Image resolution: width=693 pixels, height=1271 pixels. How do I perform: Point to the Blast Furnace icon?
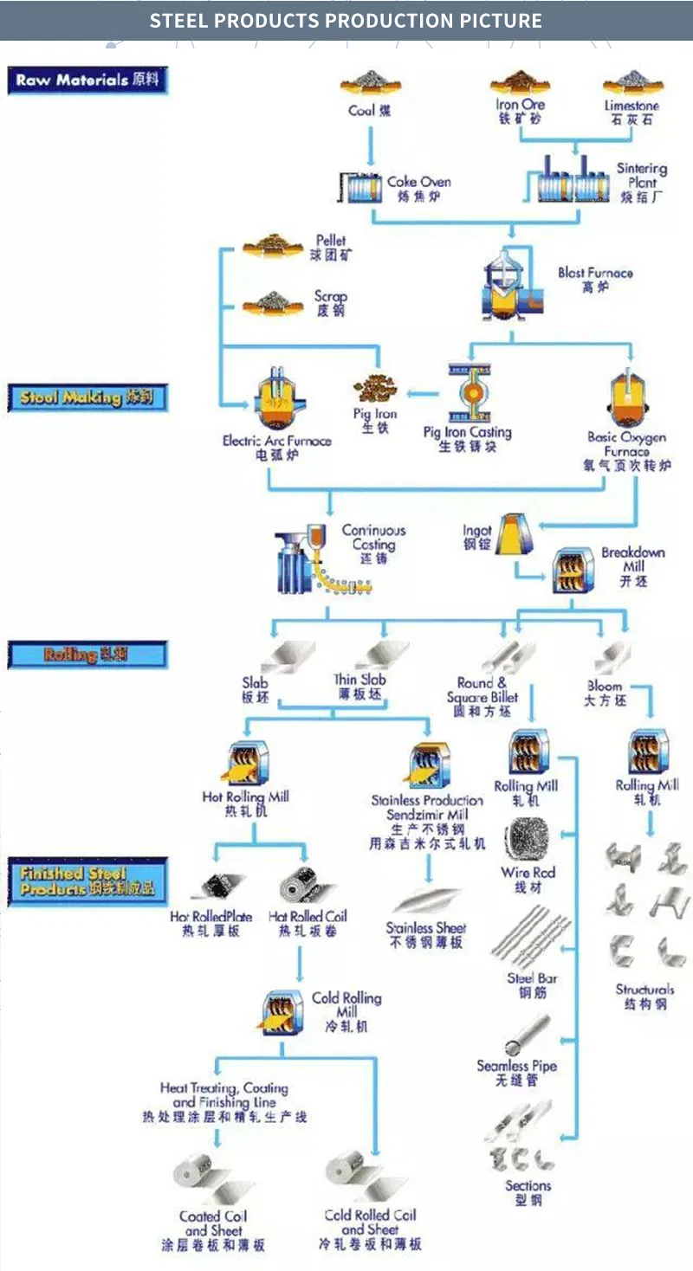(512, 286)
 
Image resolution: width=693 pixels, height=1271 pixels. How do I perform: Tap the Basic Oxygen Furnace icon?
(628, 398)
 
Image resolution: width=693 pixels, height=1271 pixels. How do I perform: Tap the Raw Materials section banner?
(87, 81)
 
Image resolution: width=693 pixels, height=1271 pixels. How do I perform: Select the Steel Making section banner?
(87, 397)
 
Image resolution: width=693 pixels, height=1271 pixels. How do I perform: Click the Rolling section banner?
(87, 655)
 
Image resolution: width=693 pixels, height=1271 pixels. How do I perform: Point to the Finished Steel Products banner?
(87, 881)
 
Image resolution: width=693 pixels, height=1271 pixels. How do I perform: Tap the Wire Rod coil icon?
(527, 840)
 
